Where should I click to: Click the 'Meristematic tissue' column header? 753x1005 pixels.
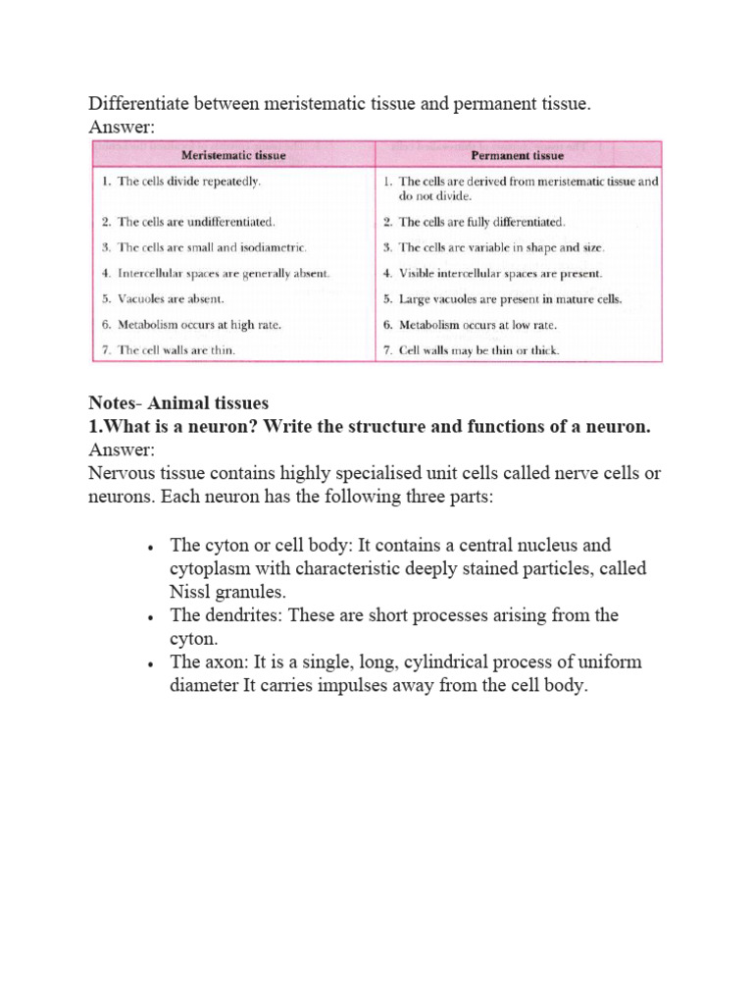click(232, 155)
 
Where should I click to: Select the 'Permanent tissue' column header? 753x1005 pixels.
click(518, 155)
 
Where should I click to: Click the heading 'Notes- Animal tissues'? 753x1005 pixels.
click(177, 402)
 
